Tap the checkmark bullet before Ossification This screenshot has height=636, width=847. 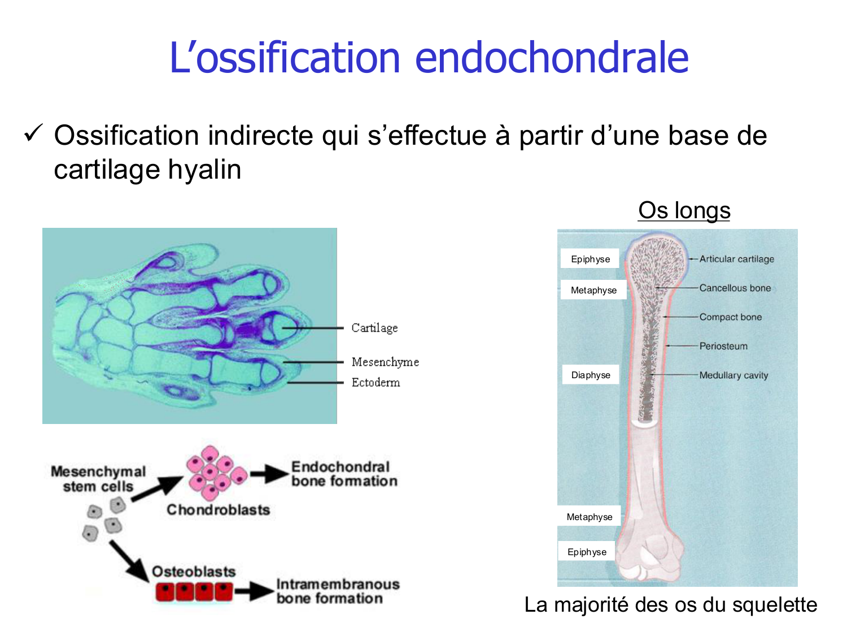pyautogui.click(x=33, y=134)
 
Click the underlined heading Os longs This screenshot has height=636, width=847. pyautogui.click(x=684, y=210)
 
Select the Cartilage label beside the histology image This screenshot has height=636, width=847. pyautogui.click(x=374, y=328)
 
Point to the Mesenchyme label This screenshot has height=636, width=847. pyautogui.click(x=385, y=362)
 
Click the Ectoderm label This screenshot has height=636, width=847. pyautogui.click(x=376, y=383)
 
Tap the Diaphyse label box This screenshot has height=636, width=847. pyautogui.click(x=591, y=375)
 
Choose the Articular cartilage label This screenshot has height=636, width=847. pyautogui.click(x=736, y=259)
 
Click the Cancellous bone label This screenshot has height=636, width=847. pyautogui.click(x=735, y=288)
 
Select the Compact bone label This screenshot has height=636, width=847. pyautogui.click(x=730, y=317)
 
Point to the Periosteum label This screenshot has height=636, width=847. pyautogui.click(x=723, y=346)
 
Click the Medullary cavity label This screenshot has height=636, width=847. pyautogui.click(x=734, y=375)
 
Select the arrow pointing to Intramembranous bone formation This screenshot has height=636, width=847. pyautogui.click(x=254, y=592)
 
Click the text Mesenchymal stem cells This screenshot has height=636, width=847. pyautogui.click(x=98, y=479)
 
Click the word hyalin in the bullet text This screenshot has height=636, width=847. pyautogui.click(x=208, y=170)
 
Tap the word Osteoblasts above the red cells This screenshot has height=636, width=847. pyautogui.click(x=194, y=572)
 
